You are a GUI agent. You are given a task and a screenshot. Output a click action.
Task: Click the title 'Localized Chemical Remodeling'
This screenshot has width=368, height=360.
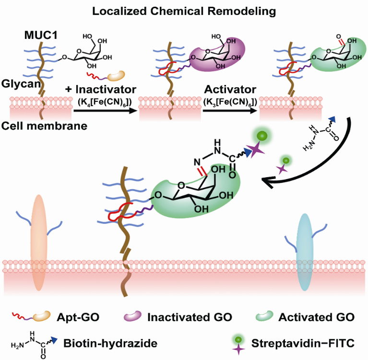click(x=184, y=10)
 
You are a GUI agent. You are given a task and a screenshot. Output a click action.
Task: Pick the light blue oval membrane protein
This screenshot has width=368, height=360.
click(x=305, y=252)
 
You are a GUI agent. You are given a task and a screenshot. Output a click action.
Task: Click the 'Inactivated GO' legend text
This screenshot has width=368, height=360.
click(x=190, y=317)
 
